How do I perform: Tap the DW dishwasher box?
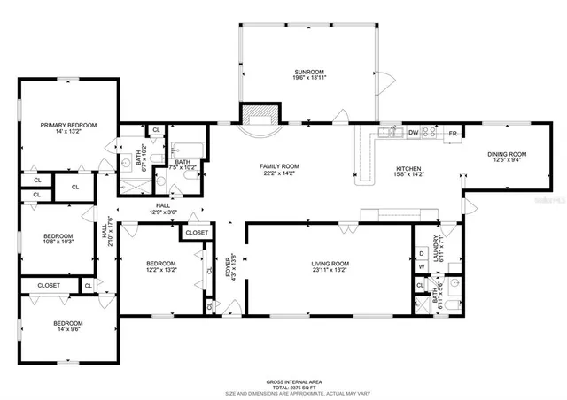(413, 133)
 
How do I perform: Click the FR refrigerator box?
(452, 133)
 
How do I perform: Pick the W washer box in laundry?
(422, 269)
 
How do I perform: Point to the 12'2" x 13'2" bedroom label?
(160, 266)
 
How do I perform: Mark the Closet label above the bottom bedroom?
(49, 285)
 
